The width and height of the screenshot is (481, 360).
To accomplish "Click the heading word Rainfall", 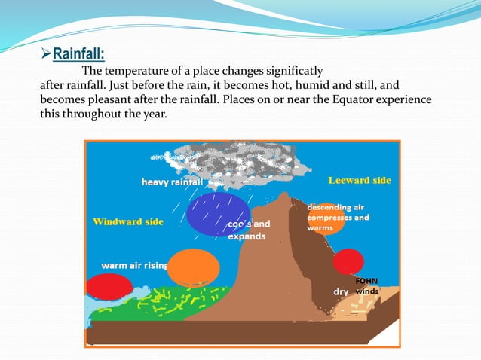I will point(78,54).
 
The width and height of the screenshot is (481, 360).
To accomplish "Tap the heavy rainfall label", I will point(173,182).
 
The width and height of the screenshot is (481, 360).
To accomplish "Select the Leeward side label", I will point(359,181).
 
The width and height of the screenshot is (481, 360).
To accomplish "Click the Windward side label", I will point(127,222).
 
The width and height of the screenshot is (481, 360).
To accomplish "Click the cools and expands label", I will point(248,230).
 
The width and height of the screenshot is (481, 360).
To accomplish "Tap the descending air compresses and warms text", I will point(338,217).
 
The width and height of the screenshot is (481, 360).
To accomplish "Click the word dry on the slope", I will point(341,291).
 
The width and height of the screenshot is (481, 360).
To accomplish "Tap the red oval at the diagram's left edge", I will point(109,287).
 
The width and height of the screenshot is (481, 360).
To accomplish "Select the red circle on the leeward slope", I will point(348,261).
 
